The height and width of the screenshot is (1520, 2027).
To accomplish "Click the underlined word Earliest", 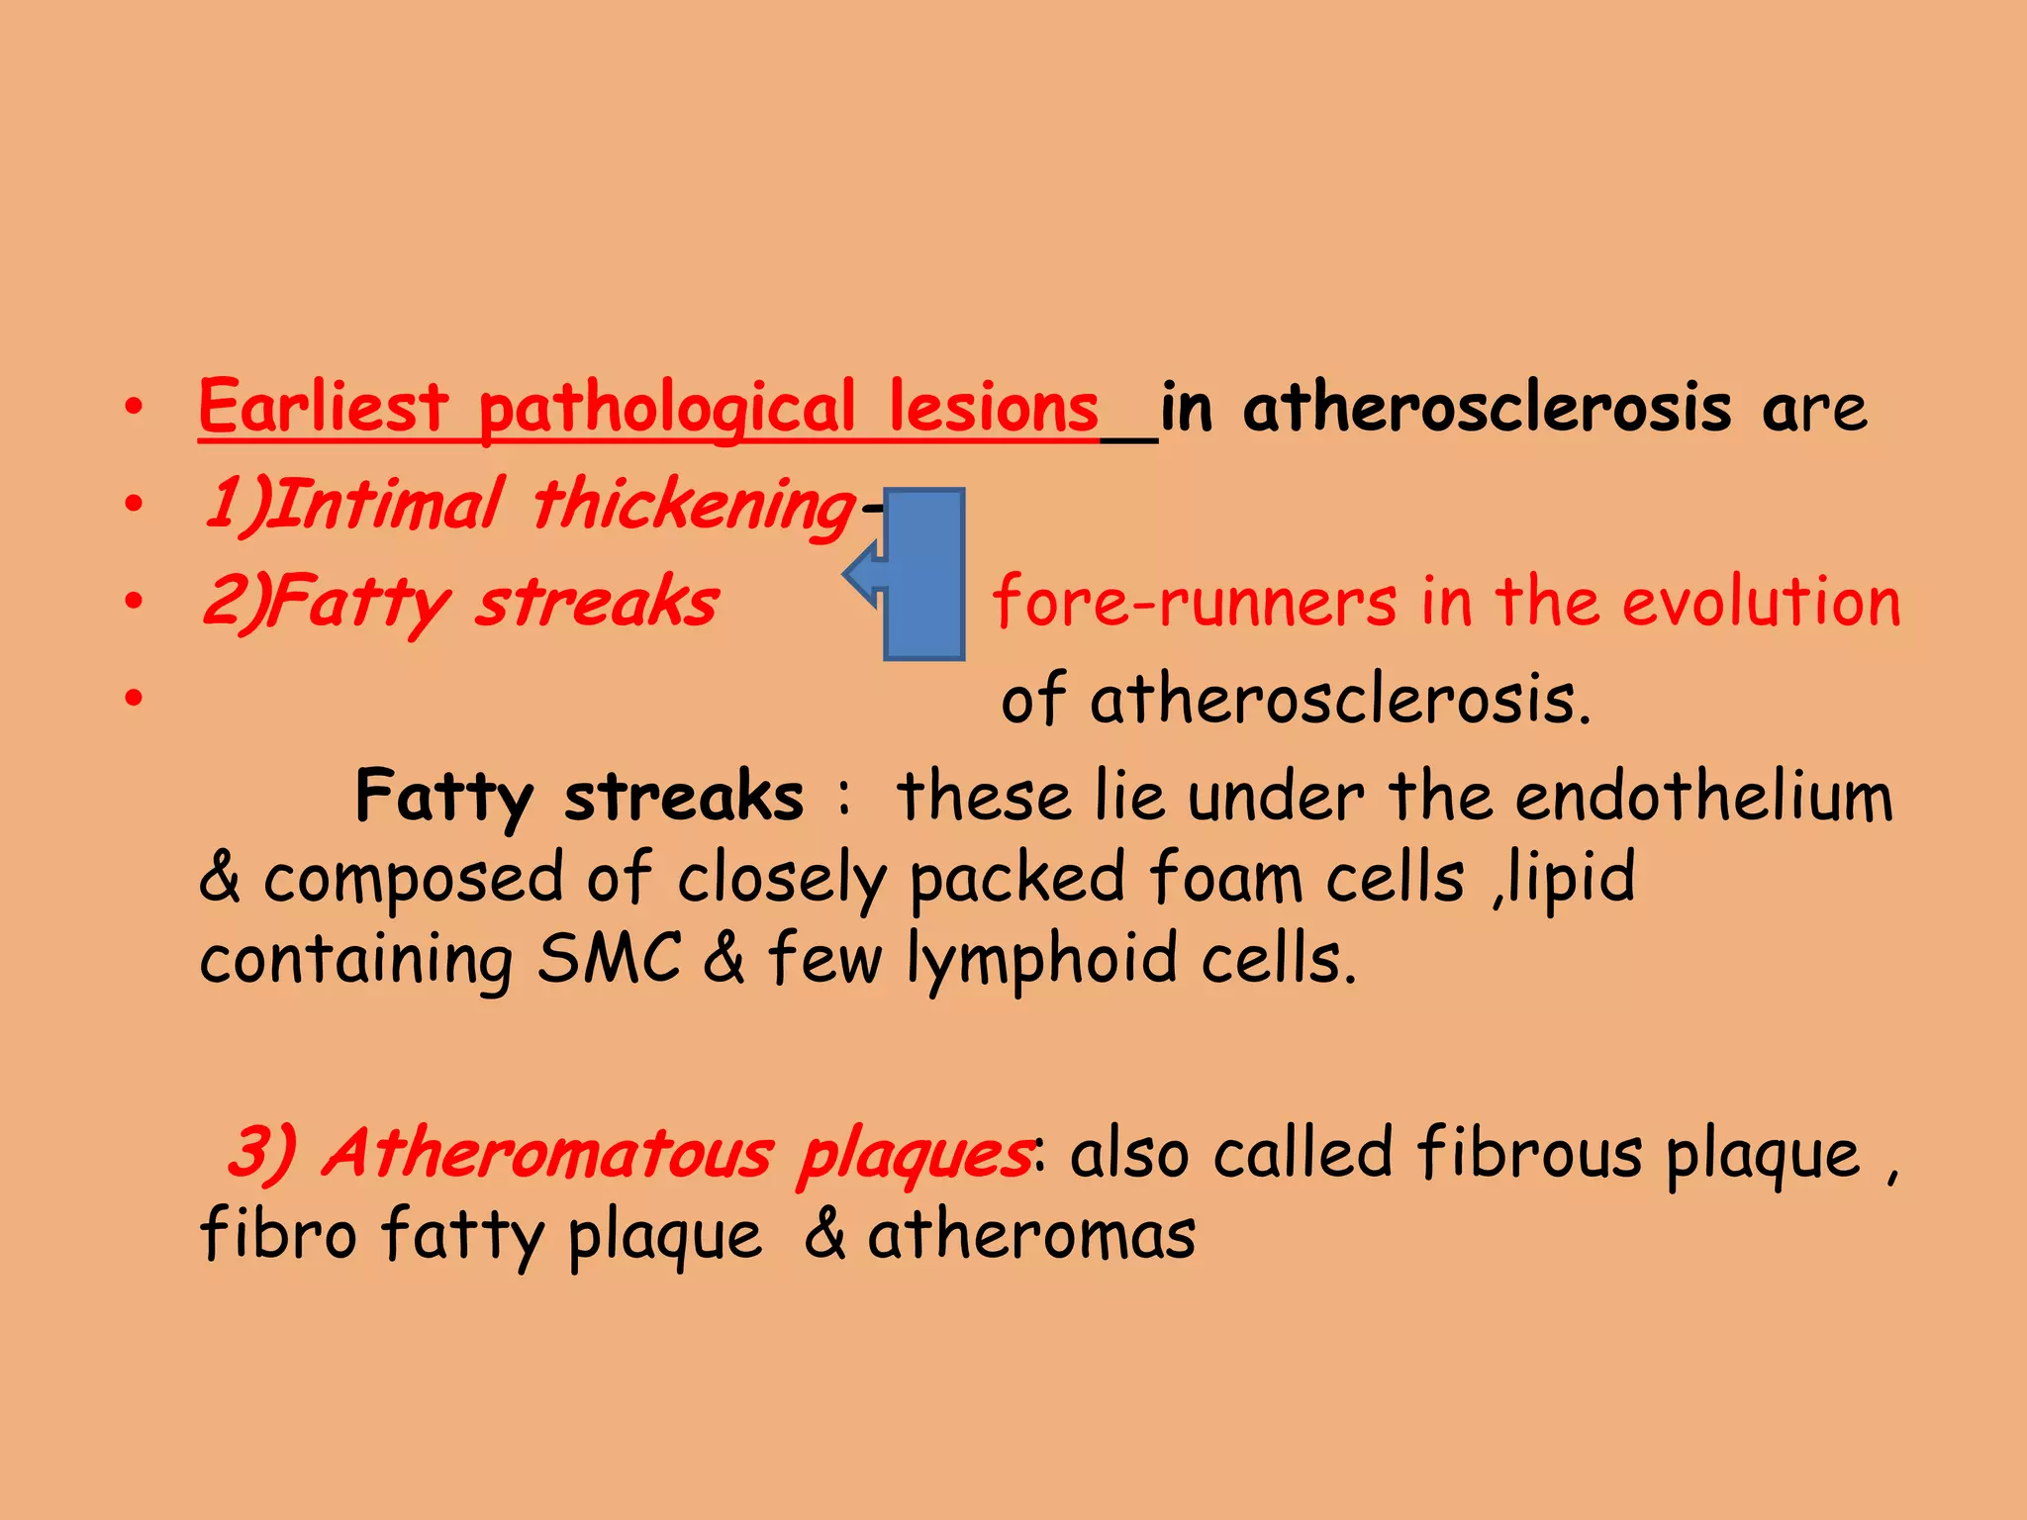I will [324, 407].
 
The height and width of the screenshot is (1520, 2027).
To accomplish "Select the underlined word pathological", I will [666, 409].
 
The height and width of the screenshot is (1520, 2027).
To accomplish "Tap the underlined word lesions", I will [993, 407].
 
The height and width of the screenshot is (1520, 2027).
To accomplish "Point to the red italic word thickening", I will [693, 506].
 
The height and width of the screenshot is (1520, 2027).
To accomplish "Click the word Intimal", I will [386, 504].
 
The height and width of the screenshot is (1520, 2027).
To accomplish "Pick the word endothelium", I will [1703, 796].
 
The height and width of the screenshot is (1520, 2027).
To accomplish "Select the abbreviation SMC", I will [609, 958].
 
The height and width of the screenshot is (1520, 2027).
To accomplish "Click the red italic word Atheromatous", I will [546, 1153].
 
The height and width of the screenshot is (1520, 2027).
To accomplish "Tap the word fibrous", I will [1529, 1153].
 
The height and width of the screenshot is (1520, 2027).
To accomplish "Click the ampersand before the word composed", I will [219, 877].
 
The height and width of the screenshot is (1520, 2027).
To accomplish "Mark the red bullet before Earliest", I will [135, 407].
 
